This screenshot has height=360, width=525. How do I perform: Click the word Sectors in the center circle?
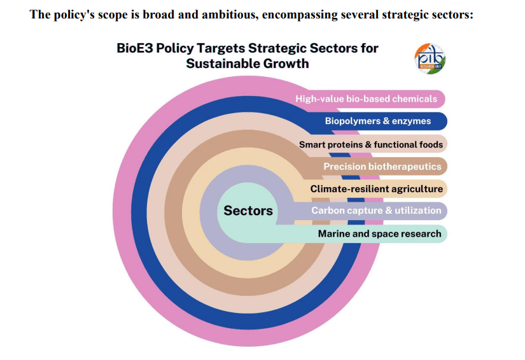tap(248, 211)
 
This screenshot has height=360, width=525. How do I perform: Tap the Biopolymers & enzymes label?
tap(377, 121)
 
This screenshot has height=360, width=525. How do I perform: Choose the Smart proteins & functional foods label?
tap(370, 144)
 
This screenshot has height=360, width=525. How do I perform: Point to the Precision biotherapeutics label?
tap(382, 166)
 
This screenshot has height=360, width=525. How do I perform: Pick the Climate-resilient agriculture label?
tap(376, 189)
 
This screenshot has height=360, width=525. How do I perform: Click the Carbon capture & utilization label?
tap(375, 211)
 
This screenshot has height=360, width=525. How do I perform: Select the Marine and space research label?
tap(379, 233)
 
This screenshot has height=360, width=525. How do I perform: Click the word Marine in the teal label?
tap(333, 233)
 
